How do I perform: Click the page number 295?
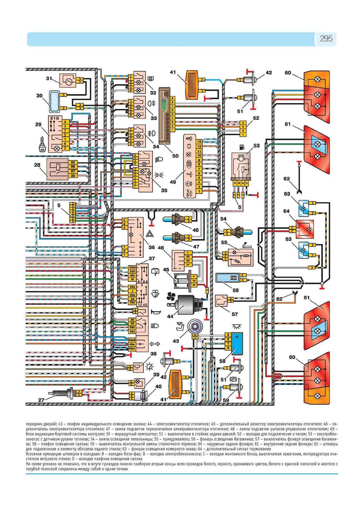326,39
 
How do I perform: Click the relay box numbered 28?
57,169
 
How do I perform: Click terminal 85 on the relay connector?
73,162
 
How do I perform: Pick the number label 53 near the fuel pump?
256,146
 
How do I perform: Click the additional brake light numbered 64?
304,229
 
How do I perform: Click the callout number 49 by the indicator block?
173,182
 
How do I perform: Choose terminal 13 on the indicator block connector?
199,142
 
